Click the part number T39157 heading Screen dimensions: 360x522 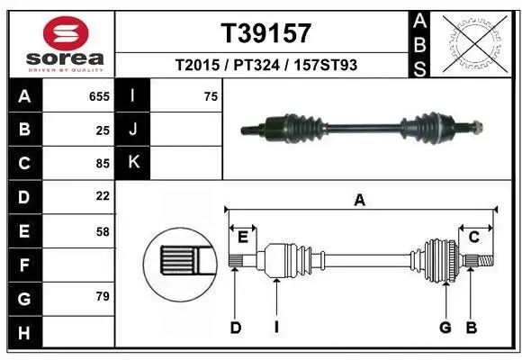266,33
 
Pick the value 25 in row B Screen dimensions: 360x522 102,130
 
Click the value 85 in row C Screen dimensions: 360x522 102,163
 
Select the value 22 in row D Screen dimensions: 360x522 102,196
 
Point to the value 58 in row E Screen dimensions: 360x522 102,231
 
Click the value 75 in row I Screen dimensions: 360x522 211,96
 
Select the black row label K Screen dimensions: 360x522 134,163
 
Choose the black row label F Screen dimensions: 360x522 24,265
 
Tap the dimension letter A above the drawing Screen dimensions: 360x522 360,201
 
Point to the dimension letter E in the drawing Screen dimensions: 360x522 242,236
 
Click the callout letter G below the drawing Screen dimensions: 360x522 445,328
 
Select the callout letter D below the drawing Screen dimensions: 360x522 235,328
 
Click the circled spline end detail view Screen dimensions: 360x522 180,262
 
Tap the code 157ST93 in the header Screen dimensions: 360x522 328,66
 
